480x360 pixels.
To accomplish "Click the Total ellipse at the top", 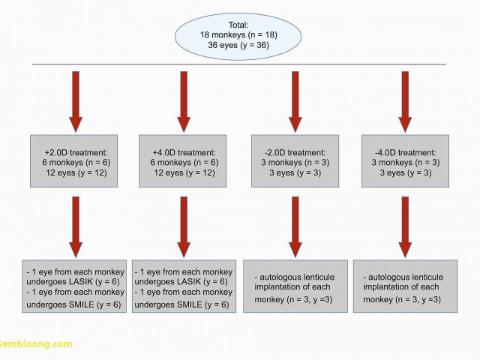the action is coord(238,36).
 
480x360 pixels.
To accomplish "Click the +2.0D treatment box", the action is coord(73,161).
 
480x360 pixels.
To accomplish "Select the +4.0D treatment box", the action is coord(183,161).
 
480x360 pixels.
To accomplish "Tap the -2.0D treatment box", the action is coord(295,161).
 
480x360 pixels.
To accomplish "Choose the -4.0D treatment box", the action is coord(405,161).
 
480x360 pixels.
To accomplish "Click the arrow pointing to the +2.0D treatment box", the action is coord(76,102).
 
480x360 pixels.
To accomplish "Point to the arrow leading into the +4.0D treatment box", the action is coord(184,102).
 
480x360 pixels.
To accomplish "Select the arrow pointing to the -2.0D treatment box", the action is coord(295,102).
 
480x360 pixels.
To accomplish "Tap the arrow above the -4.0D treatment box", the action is coord(405,102).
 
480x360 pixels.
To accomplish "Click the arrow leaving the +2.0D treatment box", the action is coord(76,227).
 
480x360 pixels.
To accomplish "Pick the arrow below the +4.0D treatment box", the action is coord(184,227).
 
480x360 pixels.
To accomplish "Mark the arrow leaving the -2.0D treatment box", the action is coord(295,227).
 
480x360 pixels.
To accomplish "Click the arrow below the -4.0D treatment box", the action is coord(405,227).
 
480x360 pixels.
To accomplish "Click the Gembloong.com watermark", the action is coord(36,343).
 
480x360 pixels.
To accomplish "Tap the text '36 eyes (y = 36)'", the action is coord(238,45).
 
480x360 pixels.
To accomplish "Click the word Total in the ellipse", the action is coord(238,25).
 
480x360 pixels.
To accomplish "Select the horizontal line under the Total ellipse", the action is coord(239,64).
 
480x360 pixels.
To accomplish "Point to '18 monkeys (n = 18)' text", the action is coord(238,34).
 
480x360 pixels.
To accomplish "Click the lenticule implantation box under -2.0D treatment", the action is coord(295,286).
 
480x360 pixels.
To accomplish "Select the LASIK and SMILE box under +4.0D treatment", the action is coord(184,286).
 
